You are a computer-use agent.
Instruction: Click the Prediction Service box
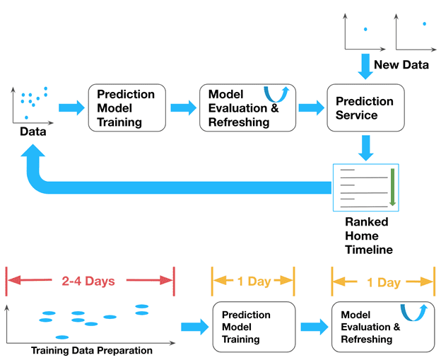tap(365, 108)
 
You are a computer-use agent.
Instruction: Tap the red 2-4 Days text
tap(89, 281)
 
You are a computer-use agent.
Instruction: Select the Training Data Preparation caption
tap(92, 350)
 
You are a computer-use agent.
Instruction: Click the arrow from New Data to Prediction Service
tap(365, 66)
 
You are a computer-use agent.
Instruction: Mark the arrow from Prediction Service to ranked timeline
tap(365, 147)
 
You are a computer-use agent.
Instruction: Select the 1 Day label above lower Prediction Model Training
tap(252, 281)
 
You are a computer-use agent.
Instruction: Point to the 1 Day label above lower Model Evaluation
tap(382, 281)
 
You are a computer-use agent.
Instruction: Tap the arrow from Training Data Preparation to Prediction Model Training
tap(195, 326)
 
